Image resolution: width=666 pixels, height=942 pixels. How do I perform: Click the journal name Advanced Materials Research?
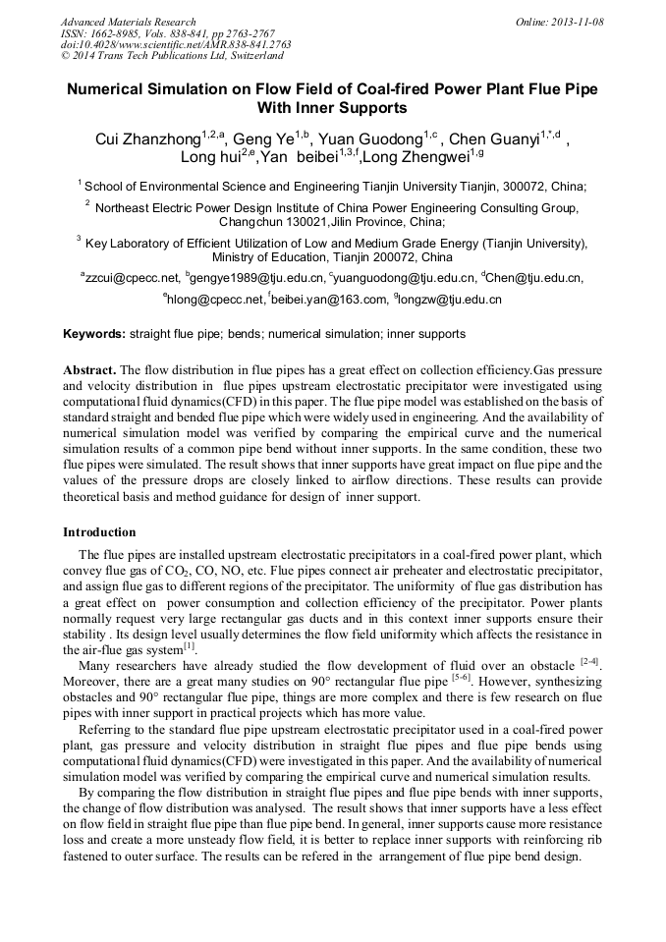click(128, 22)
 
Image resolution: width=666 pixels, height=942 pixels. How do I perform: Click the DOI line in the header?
click(176, 44)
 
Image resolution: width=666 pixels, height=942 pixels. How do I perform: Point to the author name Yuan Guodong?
click(370, 139)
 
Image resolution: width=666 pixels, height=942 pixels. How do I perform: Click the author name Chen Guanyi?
click(498, 139)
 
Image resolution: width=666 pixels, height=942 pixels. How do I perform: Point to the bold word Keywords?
click(94, 335)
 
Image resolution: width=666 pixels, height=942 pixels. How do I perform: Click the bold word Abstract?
click(88, 370)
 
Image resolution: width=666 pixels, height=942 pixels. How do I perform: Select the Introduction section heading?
click(99, 532)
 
